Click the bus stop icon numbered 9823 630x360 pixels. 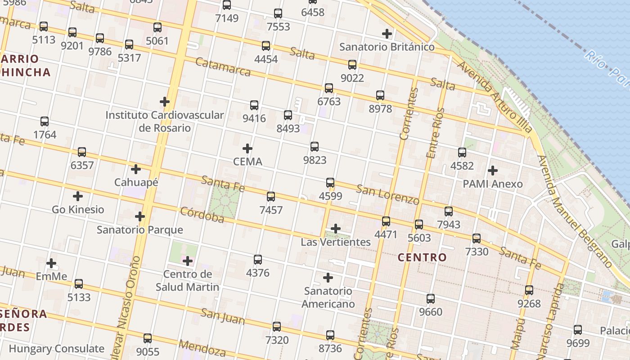tap(315, 147)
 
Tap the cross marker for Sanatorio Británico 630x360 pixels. tap(387, 34)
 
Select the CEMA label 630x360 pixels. tap(247, 162)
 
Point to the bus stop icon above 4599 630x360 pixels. tap(330, 183)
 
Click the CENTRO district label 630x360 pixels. tap(423, 257)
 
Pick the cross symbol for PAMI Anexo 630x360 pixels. tap(493, 171)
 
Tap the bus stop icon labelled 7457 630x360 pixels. tap(271, 197)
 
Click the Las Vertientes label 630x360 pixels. tap(336, 242)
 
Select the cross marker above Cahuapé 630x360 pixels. tap(136, 169)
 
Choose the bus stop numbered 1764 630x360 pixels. tap(45, 121)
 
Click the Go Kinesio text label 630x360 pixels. tap(78, 210)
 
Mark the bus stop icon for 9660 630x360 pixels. tap(431, 298)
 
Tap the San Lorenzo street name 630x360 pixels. tap(387, 194)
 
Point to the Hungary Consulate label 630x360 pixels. tap(57, 349)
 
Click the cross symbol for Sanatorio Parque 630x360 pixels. tap(140, 216)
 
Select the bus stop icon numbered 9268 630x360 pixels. tap(529, 290)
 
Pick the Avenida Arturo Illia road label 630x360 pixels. tap(495, 97)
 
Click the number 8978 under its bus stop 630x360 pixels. tap(380, 109)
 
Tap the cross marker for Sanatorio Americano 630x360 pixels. tap(328, 278)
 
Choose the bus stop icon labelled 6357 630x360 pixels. tap(82, 152)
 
